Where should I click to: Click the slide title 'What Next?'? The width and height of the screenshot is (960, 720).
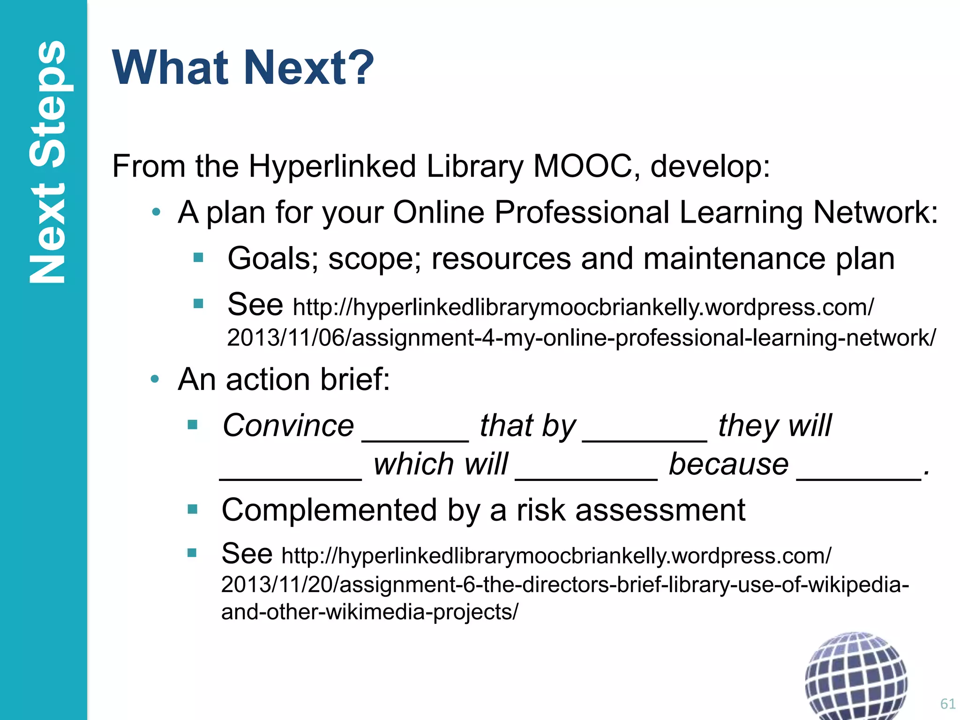point(243,68)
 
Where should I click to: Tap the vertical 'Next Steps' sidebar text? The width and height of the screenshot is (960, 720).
point(47,162)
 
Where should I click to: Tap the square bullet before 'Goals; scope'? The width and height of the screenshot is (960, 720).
point(198,257)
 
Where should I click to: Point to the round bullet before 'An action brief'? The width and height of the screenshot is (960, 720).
point(155,379)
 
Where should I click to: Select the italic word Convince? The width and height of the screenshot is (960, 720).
point(288,426)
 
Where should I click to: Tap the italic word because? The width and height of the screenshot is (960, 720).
point(729,464)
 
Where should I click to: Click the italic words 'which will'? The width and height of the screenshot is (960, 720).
point(441,464)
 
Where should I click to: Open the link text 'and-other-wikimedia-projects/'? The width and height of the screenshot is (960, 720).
point(370,612)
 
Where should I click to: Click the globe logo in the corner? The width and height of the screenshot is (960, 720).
point(855,675)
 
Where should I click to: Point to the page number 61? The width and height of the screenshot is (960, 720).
point(947,704)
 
